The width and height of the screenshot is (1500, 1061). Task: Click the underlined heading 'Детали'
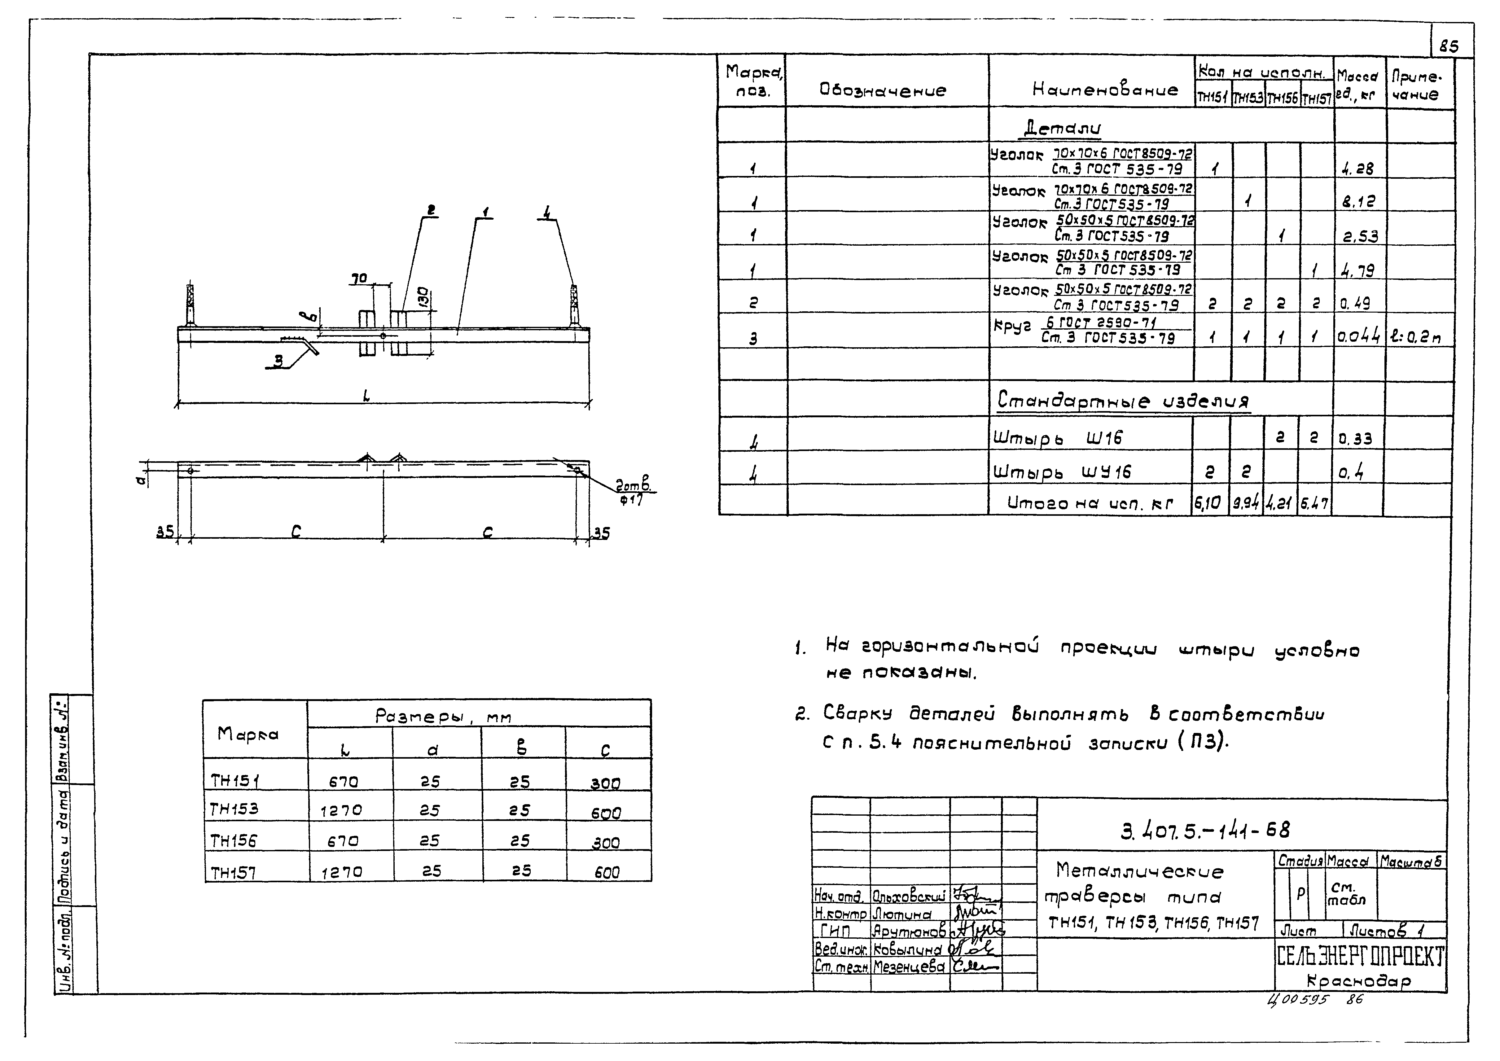tap(1062, 129)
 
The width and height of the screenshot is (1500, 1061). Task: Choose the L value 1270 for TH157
tap(341, 871)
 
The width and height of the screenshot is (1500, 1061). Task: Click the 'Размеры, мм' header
tap(443, 717)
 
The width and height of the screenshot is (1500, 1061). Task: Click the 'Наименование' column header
tap(1105, 90)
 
